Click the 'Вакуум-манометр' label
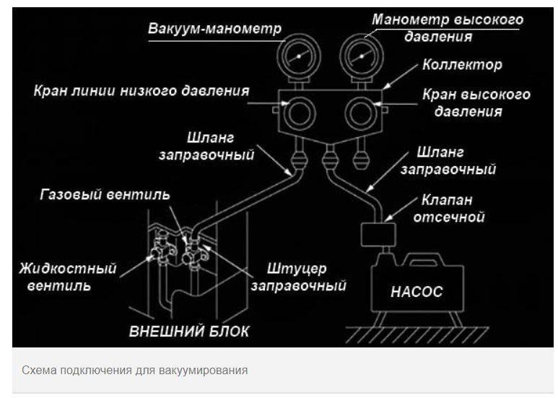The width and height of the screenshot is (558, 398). (x=214, y=30)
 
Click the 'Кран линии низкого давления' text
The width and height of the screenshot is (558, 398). (x=141, y=92)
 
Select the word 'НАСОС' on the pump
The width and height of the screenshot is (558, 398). (x=417, y=293)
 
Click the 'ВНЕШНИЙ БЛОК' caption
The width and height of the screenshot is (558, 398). (x=189, y=332)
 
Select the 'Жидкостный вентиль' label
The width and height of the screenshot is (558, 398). (x=68, y=276)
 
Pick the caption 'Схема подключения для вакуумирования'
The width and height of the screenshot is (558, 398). (x=135, y=371)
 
